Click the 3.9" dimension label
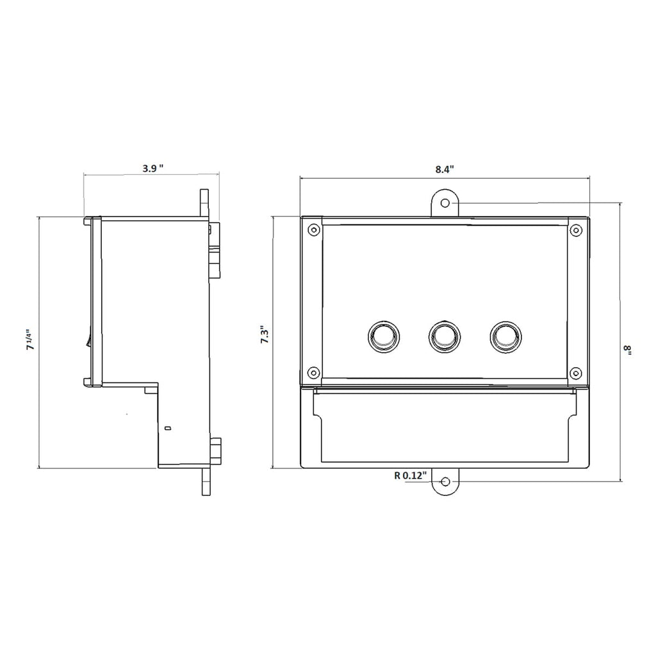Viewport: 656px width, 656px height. tap(152, 168)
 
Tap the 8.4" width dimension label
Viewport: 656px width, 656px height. tap(444, 169)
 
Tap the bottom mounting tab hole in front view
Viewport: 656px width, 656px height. tap(446, 482)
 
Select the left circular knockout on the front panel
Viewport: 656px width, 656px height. tap(383, 336)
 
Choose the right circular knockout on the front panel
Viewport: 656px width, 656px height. tap(505, 336)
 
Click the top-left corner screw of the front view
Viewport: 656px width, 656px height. tap(313, 230)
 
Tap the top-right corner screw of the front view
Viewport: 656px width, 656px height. tap(575, 230)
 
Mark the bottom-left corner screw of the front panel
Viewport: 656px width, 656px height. tap(313, 372)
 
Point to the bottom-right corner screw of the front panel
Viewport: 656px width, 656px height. tap(575, 372)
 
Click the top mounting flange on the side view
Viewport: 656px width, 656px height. tap(204, 203)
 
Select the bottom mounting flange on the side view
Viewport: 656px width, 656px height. tap(206, 480)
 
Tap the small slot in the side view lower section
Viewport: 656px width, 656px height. tap(168, 427)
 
